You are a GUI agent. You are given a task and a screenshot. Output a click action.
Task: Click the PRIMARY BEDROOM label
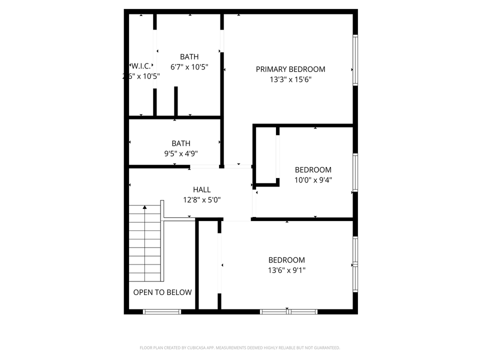290,69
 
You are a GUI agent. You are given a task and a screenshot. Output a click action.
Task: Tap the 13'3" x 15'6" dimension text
290,79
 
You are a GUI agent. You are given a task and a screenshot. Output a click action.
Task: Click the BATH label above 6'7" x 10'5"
189,57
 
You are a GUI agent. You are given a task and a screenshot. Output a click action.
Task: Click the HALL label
202,189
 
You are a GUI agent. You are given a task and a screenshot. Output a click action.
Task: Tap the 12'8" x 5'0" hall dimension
202,199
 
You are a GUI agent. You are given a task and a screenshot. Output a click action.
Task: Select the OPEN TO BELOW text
162,292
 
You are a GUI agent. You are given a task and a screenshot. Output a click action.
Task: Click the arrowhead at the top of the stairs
145,206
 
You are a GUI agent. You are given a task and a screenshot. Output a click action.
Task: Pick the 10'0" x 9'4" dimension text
313,180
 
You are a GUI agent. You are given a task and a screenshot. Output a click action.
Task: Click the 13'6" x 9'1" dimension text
286,270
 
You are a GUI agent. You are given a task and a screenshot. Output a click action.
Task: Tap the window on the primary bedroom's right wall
355,59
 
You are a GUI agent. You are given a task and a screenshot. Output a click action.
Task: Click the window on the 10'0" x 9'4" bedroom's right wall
355,172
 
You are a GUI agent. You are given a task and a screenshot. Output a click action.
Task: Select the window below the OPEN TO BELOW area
162,311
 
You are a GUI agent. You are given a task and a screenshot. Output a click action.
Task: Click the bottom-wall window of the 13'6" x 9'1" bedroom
288,311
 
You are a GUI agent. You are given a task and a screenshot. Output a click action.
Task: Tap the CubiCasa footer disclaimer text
240,347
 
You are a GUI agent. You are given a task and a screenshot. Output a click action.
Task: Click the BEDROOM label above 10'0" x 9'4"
313,170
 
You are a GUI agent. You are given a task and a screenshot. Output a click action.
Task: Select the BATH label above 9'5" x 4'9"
180,143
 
